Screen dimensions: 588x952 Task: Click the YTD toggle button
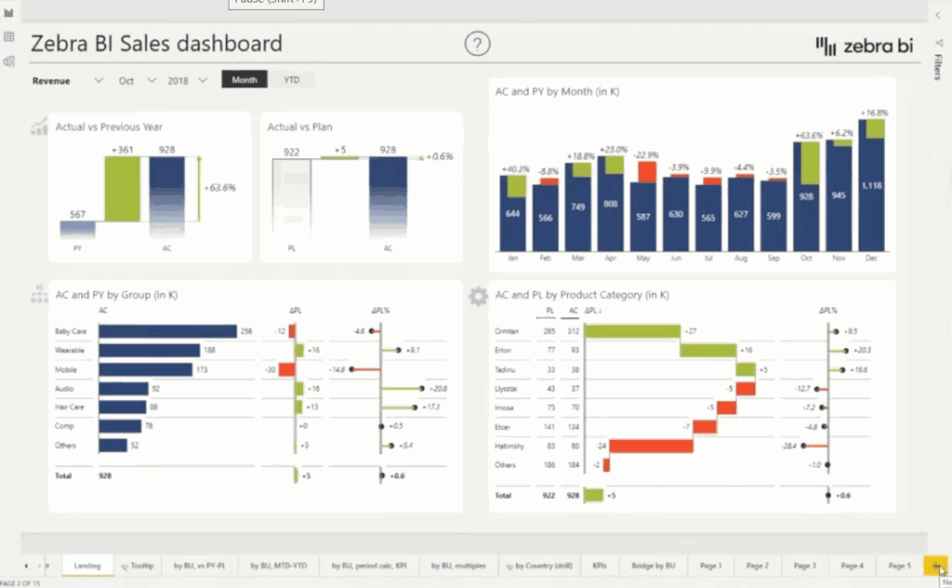point(291,80)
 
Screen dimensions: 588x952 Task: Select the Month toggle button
point(245,80)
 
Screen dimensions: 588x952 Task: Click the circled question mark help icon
point(477,44)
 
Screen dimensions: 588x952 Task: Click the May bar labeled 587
point(642,216)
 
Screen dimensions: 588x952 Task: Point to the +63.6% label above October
point(809,135)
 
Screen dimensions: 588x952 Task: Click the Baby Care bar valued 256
point(167,331)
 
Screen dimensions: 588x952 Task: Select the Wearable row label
point(71,350)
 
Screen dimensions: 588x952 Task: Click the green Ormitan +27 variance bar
point(632,331)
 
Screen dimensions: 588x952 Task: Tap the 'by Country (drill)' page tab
point(538,566)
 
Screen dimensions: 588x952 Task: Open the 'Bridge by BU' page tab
point(653,566)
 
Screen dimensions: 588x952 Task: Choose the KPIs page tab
point(600,566)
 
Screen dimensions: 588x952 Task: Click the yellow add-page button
point(935,566)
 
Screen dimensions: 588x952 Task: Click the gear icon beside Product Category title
point(478,296)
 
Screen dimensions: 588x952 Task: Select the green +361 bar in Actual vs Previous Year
point(122,189)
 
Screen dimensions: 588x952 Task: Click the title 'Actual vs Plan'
point(299,127)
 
